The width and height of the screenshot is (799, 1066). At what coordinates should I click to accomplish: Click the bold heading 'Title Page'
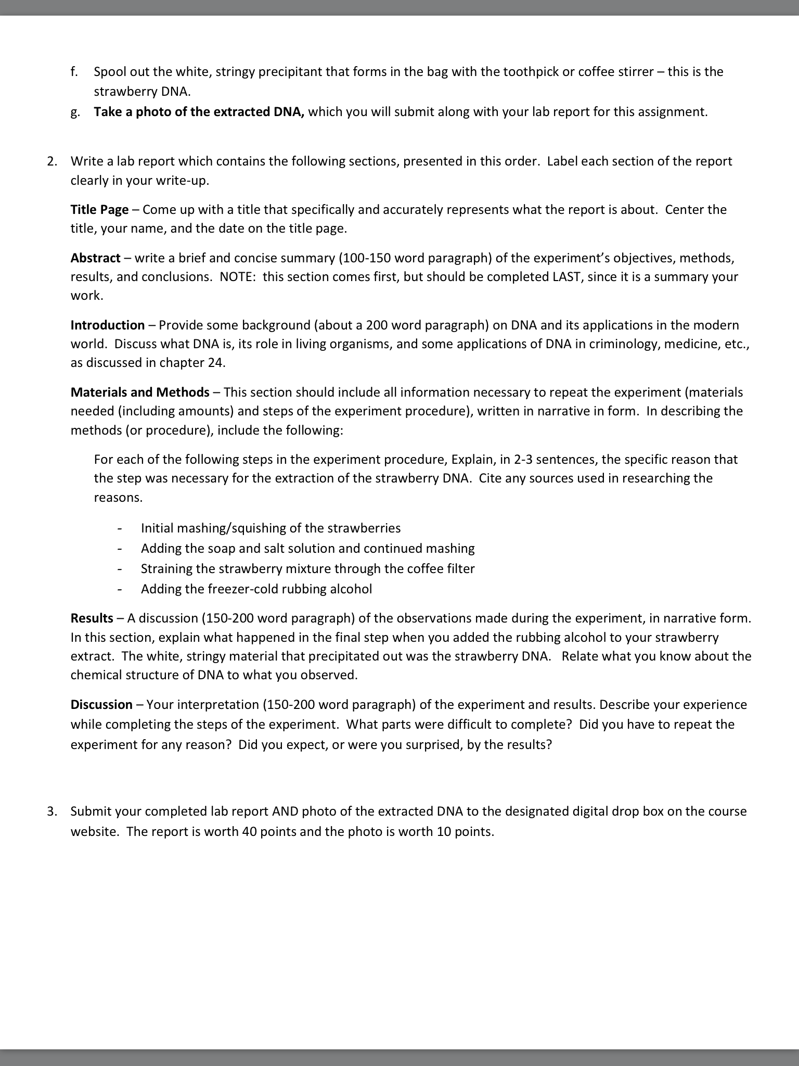99,210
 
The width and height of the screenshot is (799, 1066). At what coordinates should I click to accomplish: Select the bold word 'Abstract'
95,258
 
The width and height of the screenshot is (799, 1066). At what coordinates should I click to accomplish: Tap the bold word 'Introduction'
108,325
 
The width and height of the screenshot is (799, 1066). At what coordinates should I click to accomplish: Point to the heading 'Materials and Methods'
140,392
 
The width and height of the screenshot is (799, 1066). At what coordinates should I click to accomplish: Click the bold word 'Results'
92,618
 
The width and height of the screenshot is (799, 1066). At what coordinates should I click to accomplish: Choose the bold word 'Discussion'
101,705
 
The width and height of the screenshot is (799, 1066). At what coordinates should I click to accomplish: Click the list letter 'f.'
75,72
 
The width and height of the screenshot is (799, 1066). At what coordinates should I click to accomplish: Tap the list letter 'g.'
75,112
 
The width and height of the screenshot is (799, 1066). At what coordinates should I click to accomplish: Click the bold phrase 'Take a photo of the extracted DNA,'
199,112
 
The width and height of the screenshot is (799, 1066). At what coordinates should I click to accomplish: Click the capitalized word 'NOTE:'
237,277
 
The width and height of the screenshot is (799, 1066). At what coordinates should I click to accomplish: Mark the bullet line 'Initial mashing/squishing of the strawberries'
270,528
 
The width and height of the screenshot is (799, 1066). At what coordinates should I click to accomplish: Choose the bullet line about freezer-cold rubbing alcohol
256,589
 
